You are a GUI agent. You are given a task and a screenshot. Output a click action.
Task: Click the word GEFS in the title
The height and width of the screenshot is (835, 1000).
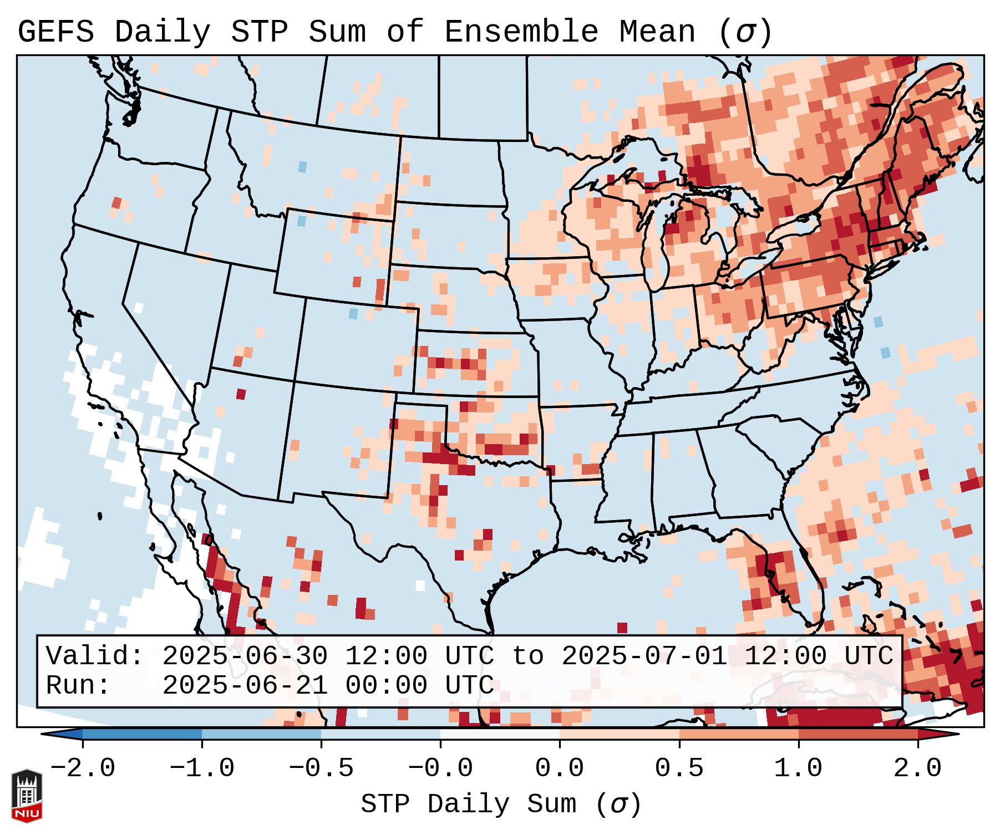point(55,32)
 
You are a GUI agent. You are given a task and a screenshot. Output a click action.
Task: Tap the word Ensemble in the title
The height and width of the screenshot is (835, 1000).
point(521,32)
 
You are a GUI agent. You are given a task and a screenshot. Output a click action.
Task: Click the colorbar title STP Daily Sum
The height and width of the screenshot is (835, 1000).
point(469,805)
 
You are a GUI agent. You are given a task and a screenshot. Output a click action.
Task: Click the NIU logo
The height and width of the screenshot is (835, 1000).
point(27,796)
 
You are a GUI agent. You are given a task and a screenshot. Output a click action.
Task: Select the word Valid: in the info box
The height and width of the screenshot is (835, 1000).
point(95,656)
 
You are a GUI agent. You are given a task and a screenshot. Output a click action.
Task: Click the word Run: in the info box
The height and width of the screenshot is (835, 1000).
point(78,686)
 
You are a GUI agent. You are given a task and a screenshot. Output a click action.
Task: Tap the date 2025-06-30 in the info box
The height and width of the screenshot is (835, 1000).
point(245,656)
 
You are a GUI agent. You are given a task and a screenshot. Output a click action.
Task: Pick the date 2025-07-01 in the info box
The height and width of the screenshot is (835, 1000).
point(644,656)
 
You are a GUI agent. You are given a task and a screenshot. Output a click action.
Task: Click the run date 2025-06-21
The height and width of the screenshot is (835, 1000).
point(245,686)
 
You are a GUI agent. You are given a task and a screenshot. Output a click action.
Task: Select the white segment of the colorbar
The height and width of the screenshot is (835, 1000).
point(500,734)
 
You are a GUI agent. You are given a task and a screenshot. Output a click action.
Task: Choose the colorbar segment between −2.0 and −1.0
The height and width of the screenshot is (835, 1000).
point(142,734)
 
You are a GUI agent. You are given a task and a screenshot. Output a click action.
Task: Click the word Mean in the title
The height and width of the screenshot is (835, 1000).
point(657,32)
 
